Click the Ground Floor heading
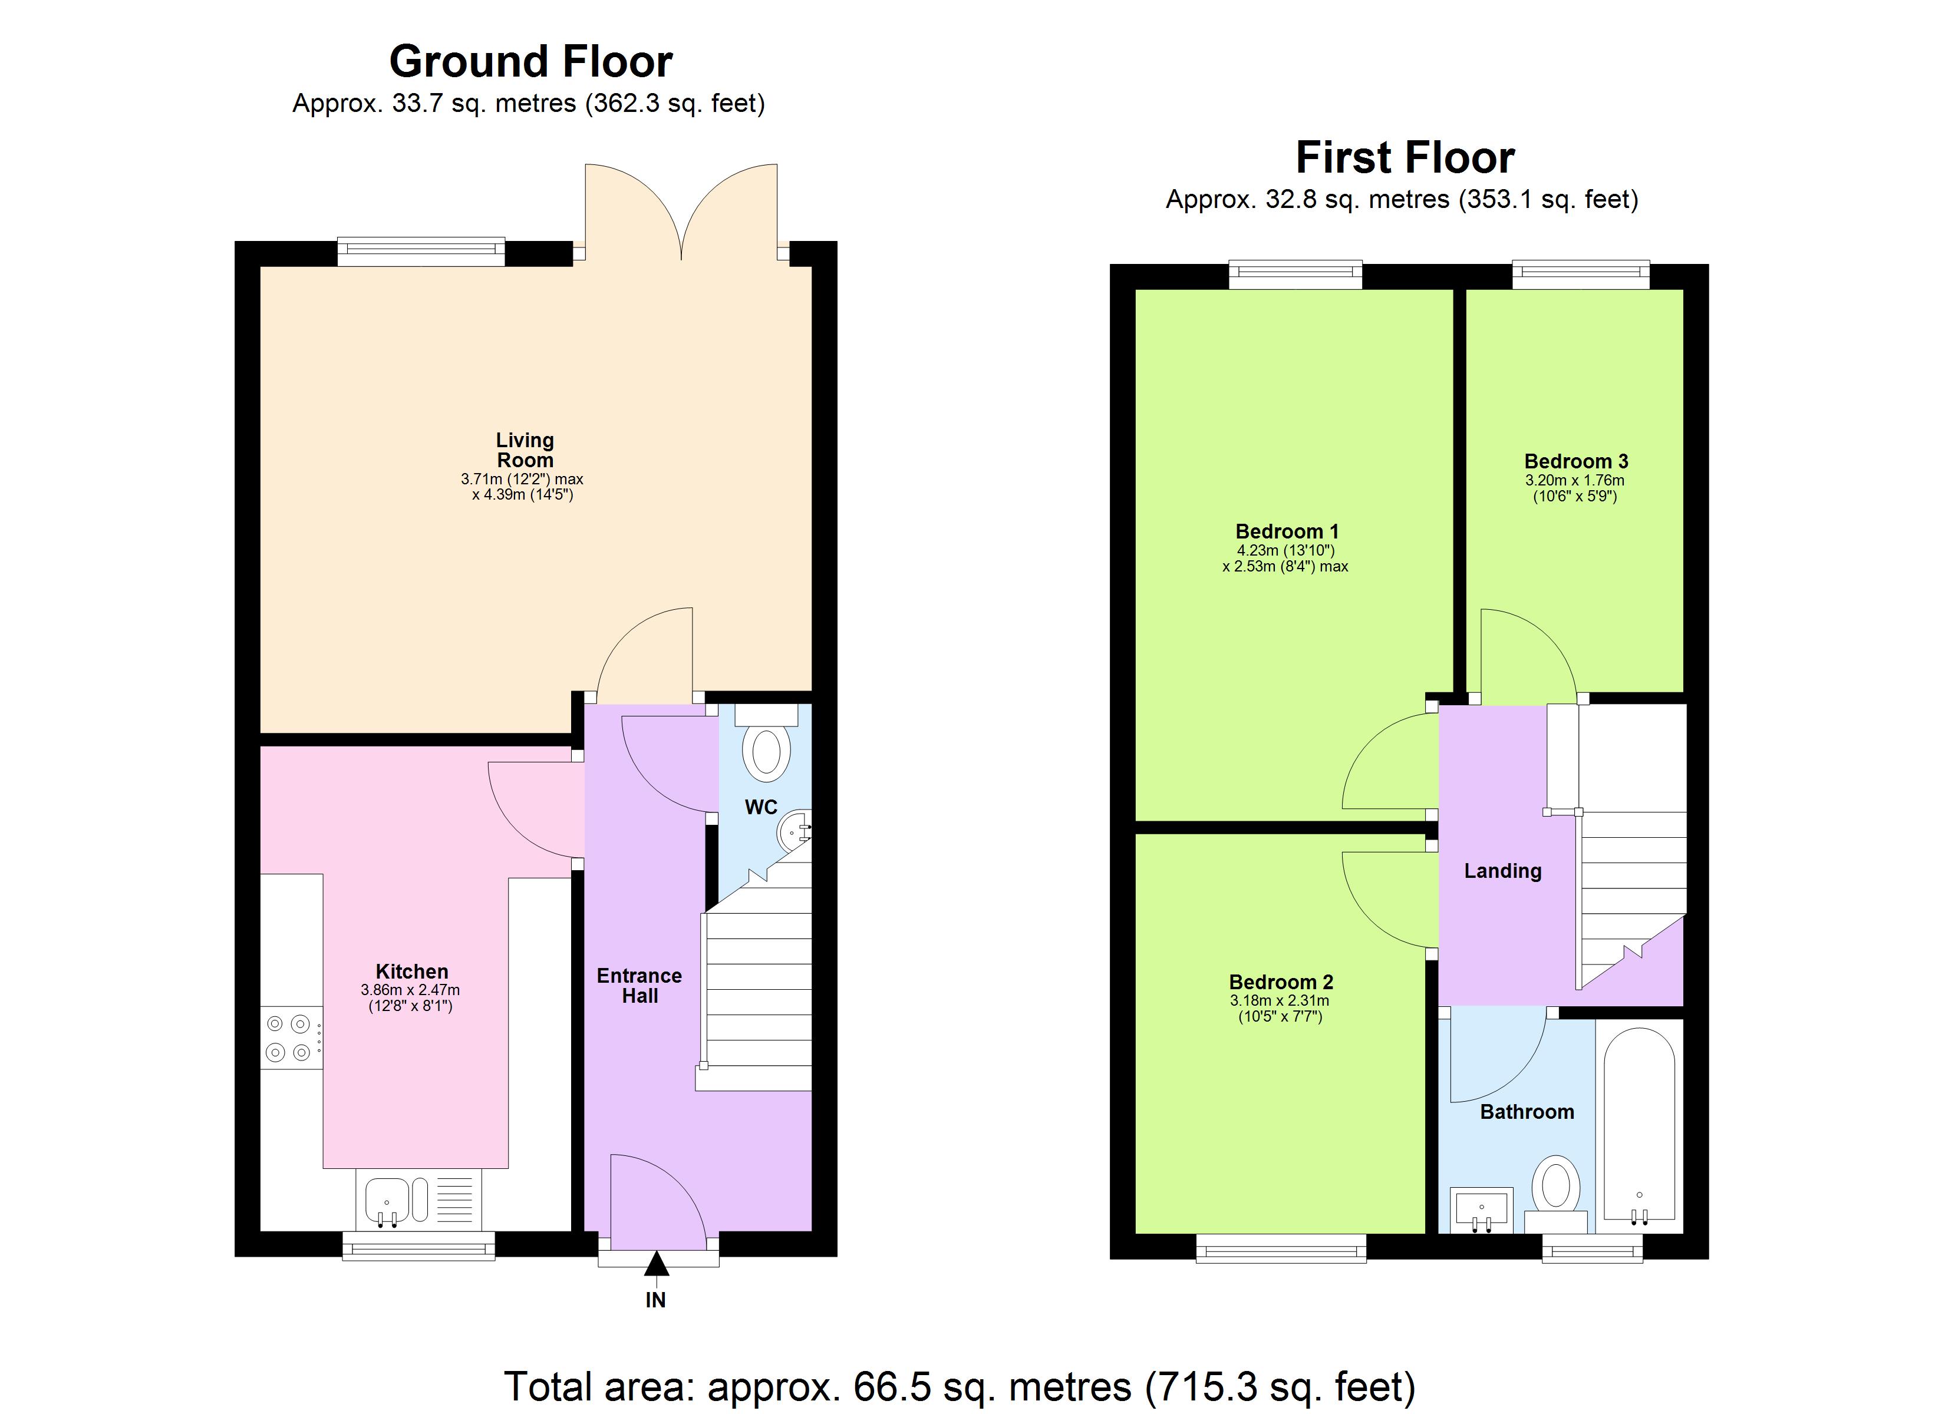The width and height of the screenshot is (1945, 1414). click(x=531, y=62)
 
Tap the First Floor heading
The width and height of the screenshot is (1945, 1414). click(x=1405, y=158)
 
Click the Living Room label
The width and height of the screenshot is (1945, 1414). click(x=525, y=450)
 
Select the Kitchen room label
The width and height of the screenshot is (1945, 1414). click(x=411, y=972)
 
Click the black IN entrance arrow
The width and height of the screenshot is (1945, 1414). click(x=656, y=1264)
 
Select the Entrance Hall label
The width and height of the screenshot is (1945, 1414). click(x=639, y=985)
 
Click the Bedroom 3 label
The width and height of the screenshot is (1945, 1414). click(x=1576, y=461)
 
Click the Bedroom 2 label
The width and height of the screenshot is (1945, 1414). click(x=1281, y=982)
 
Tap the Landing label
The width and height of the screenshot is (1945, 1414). click(x=1502, y=871)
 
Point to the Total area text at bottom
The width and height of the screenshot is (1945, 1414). click(x=960, y=1386)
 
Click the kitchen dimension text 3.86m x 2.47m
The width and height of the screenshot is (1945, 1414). click(x=410, y=990)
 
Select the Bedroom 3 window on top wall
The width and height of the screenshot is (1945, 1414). click(x=1580, y=275)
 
